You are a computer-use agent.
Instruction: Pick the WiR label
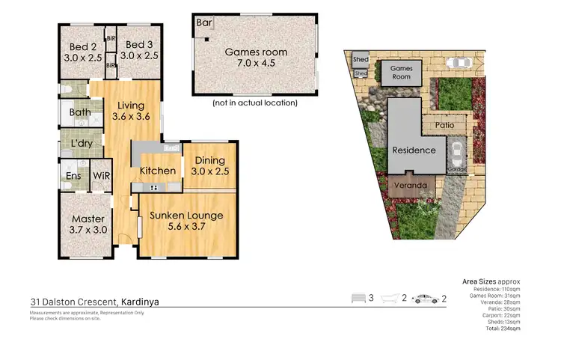click(101, 176)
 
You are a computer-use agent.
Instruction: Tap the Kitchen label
click(158, 171)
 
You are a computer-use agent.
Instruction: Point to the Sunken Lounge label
click(186, 222)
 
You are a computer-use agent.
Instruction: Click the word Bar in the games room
click(203, 22)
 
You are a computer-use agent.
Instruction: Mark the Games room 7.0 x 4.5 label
click(257, 58)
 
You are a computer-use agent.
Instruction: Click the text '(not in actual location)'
click(255, 103)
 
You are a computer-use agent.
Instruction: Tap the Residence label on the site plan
click(414, 150)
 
